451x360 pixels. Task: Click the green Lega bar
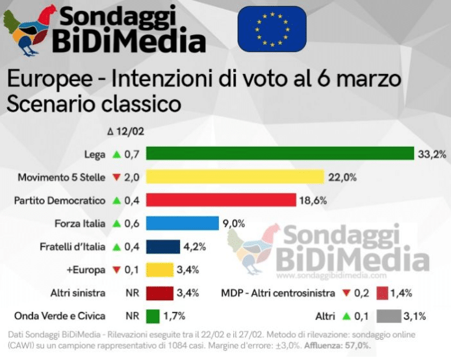coord(280,153)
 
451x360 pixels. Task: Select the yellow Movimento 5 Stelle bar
coord(235,177)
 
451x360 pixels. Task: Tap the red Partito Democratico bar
coord(221,199)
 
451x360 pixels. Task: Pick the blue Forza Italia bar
coord(182,223)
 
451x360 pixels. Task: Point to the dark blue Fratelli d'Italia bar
coord(162,246)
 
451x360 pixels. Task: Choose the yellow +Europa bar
coord(159,270)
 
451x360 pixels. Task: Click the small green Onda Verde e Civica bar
coord(153,316)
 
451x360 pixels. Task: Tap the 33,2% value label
coord(432,153)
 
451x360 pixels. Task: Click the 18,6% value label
coord(314,199)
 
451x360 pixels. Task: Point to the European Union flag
coord(272,29)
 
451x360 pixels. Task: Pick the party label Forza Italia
coord(80,223)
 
